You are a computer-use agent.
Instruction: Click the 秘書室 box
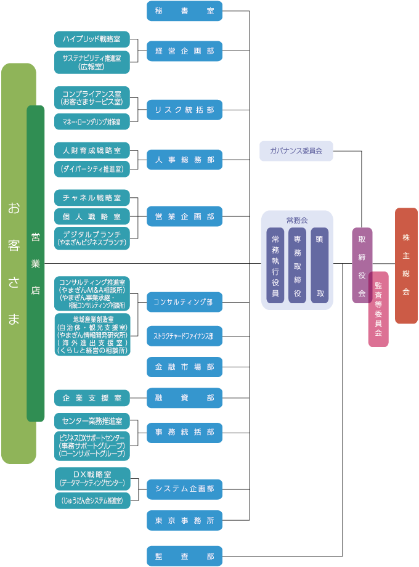(x=184, y=10)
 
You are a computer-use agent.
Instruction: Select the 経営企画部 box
(x=184, y=51)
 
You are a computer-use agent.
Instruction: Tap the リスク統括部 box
(x=184, y=110)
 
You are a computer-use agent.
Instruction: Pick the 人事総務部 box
(x=184, y=160)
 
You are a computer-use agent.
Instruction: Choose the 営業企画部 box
(x=184, y=216)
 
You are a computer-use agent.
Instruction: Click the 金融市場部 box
(x=184, y=367)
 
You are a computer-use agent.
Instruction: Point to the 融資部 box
(x=184, y=398)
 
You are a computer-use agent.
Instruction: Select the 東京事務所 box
(x=184, y=520)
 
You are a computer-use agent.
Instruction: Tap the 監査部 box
(x=184, y=556)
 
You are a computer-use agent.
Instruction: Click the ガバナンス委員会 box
(x=296, y=150)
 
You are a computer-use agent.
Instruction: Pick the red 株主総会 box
(x=406, y=265)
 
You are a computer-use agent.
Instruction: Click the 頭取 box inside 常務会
(x=320, y=265)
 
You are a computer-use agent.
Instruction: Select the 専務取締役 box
(x=298, y=265)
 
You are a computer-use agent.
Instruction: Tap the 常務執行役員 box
(x=275, y=265)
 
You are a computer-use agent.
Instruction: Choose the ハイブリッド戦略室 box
(x=92, y=39)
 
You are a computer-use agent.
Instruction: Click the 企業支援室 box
(x=92, y=398)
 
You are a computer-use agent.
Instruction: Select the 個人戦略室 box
(x=92, y=216)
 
